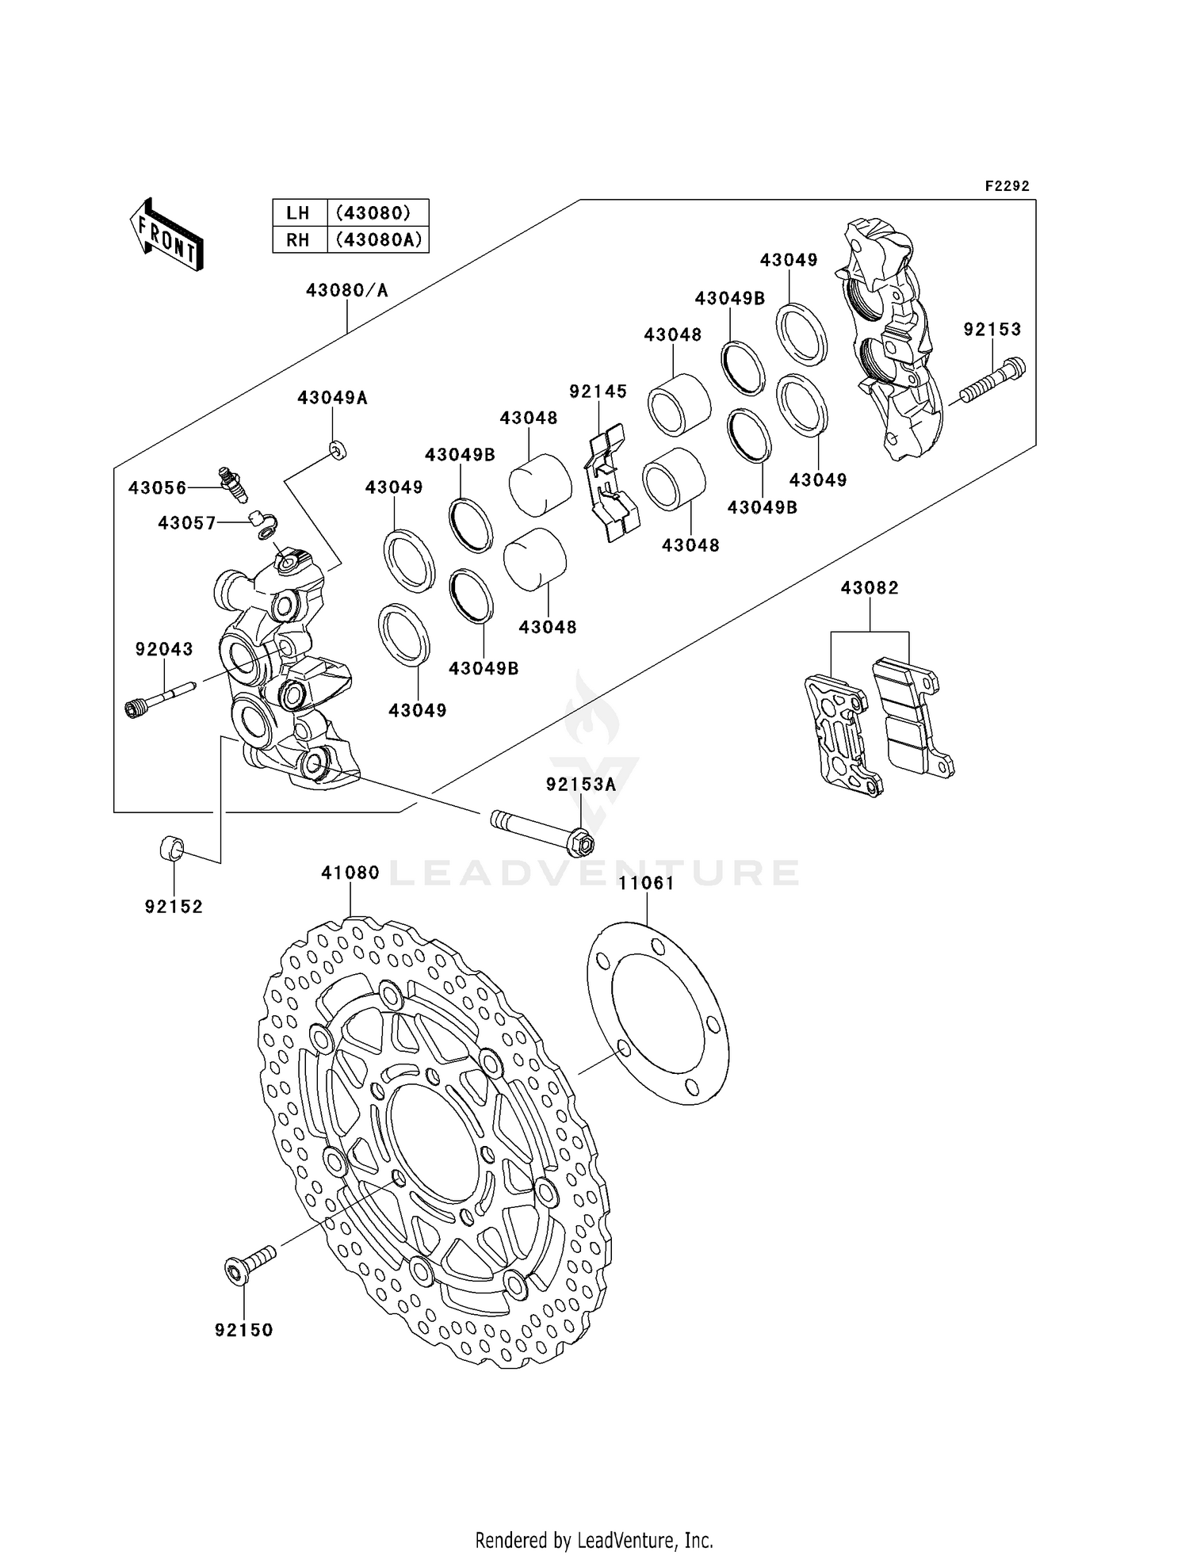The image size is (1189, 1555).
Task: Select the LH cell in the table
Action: click(x=299, y=212)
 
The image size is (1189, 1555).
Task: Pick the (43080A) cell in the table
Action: click(x=378, y=239)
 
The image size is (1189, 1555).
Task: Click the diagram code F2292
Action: click(x=1006, y=186)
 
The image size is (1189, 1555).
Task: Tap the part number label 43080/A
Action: click(x=346, y=291)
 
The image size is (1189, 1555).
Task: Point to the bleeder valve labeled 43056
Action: click(x=234, y=483)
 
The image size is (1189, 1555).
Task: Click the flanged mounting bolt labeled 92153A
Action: click(x=547, y=830)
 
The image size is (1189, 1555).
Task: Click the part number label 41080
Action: click(x=350, y=873)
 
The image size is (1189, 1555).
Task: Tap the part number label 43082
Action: click(x=869, y=588)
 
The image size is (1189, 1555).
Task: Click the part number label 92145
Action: click(x=598, y=392)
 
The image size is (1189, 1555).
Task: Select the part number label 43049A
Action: click(x=332, y=398)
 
